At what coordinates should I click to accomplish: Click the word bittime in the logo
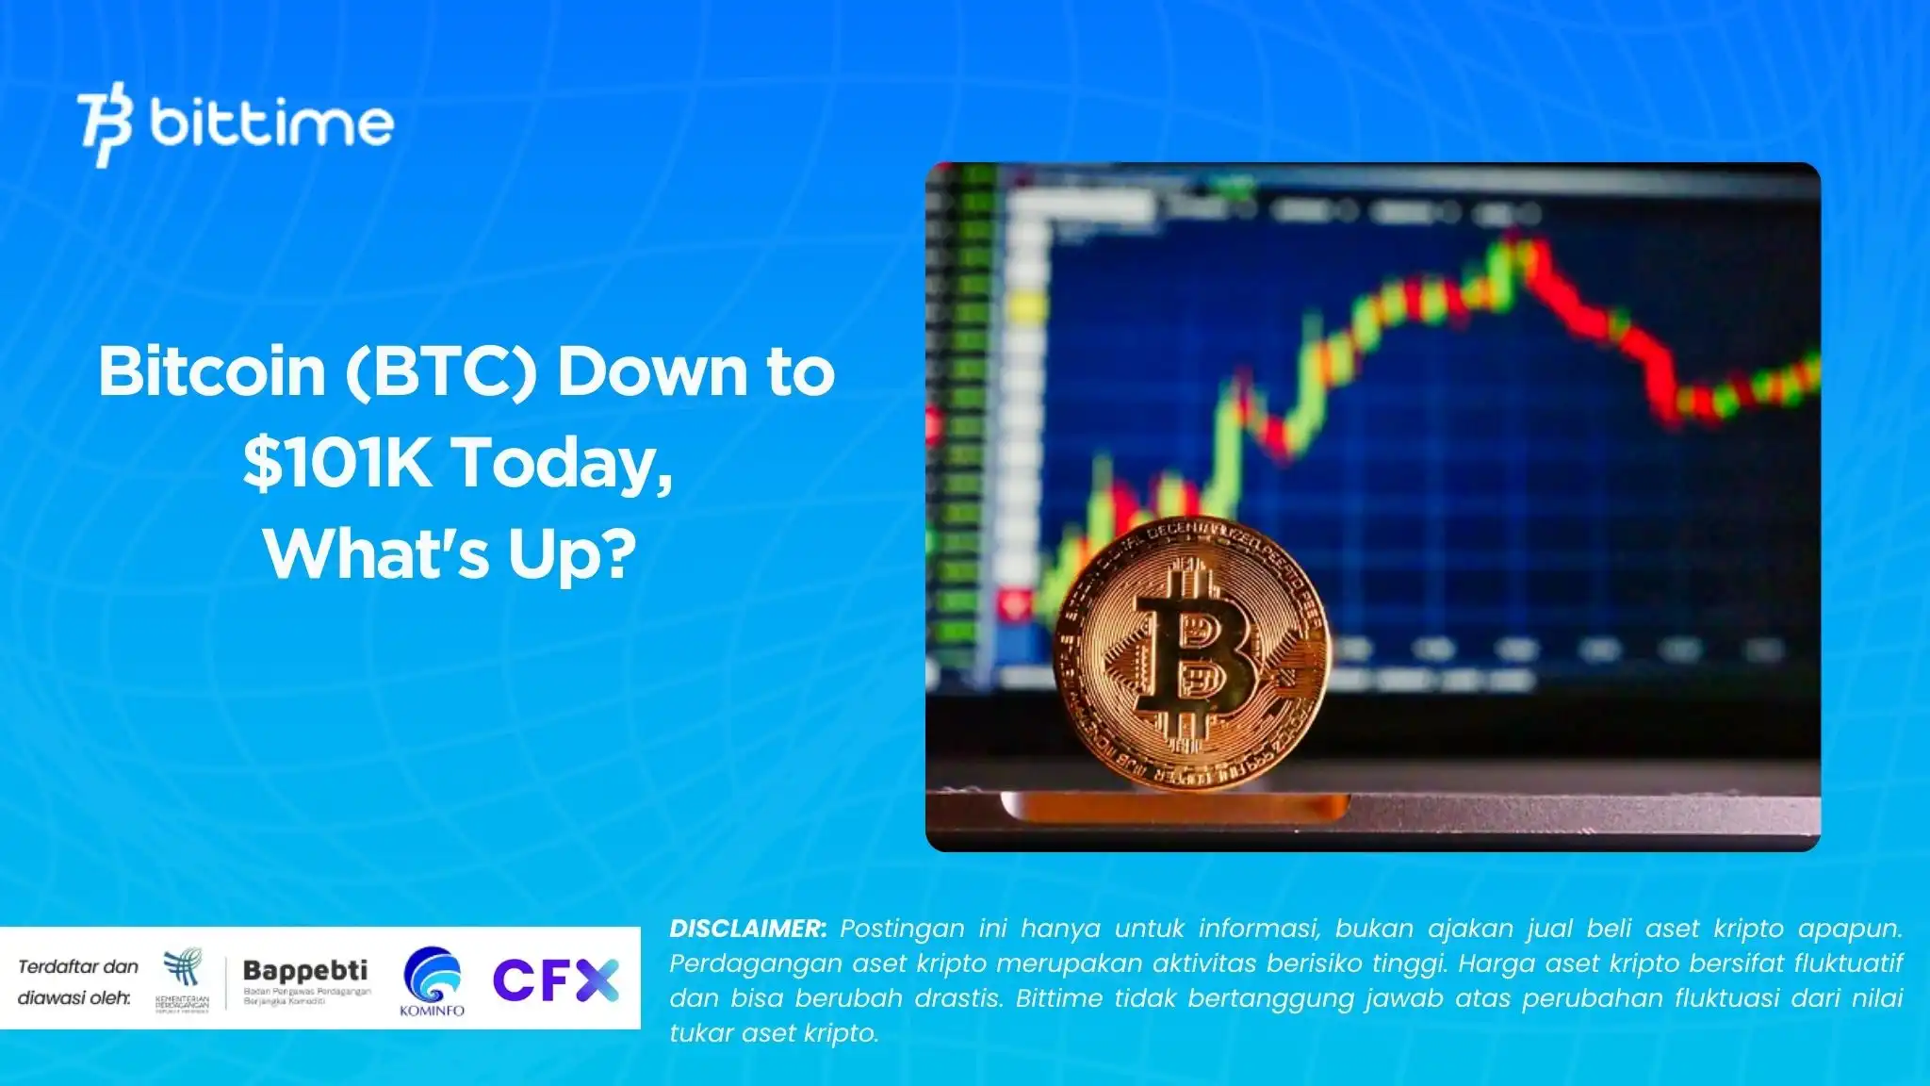tap(271, 123)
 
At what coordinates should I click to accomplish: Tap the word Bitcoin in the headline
tap(212, 371)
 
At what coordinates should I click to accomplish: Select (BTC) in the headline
tap(441, 371)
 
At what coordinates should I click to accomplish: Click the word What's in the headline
tap(377, 553)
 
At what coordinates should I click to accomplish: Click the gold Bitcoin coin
tap(1192, 652)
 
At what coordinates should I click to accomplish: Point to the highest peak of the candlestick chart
tap(1517, 240)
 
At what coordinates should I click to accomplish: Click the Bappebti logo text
tap(305, 971)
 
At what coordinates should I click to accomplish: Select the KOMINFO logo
tap(433, 981)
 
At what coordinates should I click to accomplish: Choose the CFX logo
tap(556, 979)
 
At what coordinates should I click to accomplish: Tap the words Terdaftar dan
tap(78, 966)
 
